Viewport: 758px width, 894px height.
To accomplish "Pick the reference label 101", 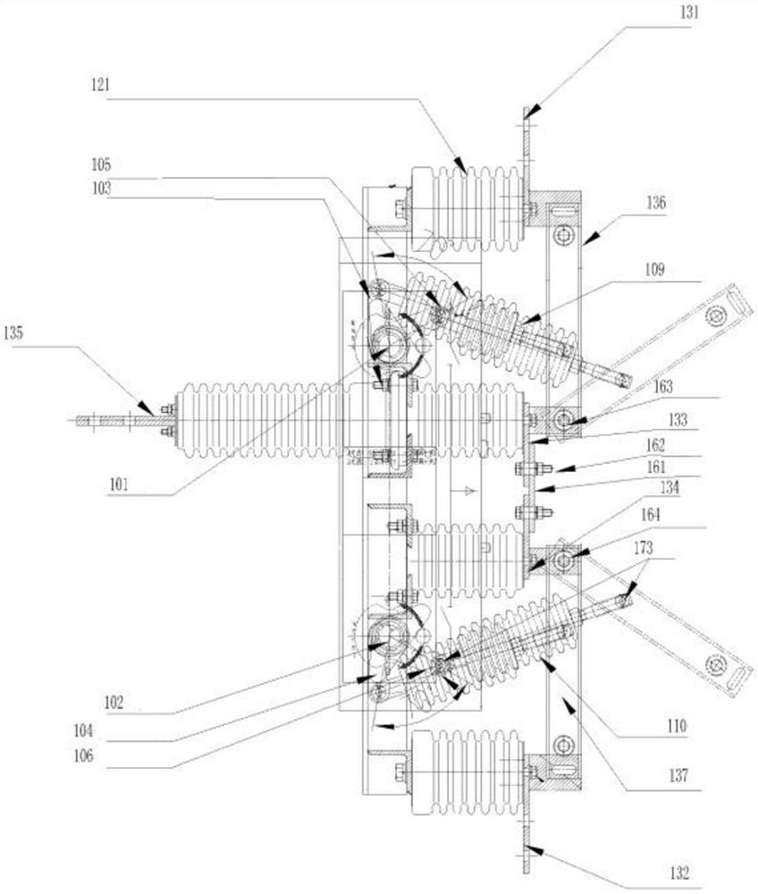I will click(117, 485).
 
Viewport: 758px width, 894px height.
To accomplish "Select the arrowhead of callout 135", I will click(152, 410).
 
